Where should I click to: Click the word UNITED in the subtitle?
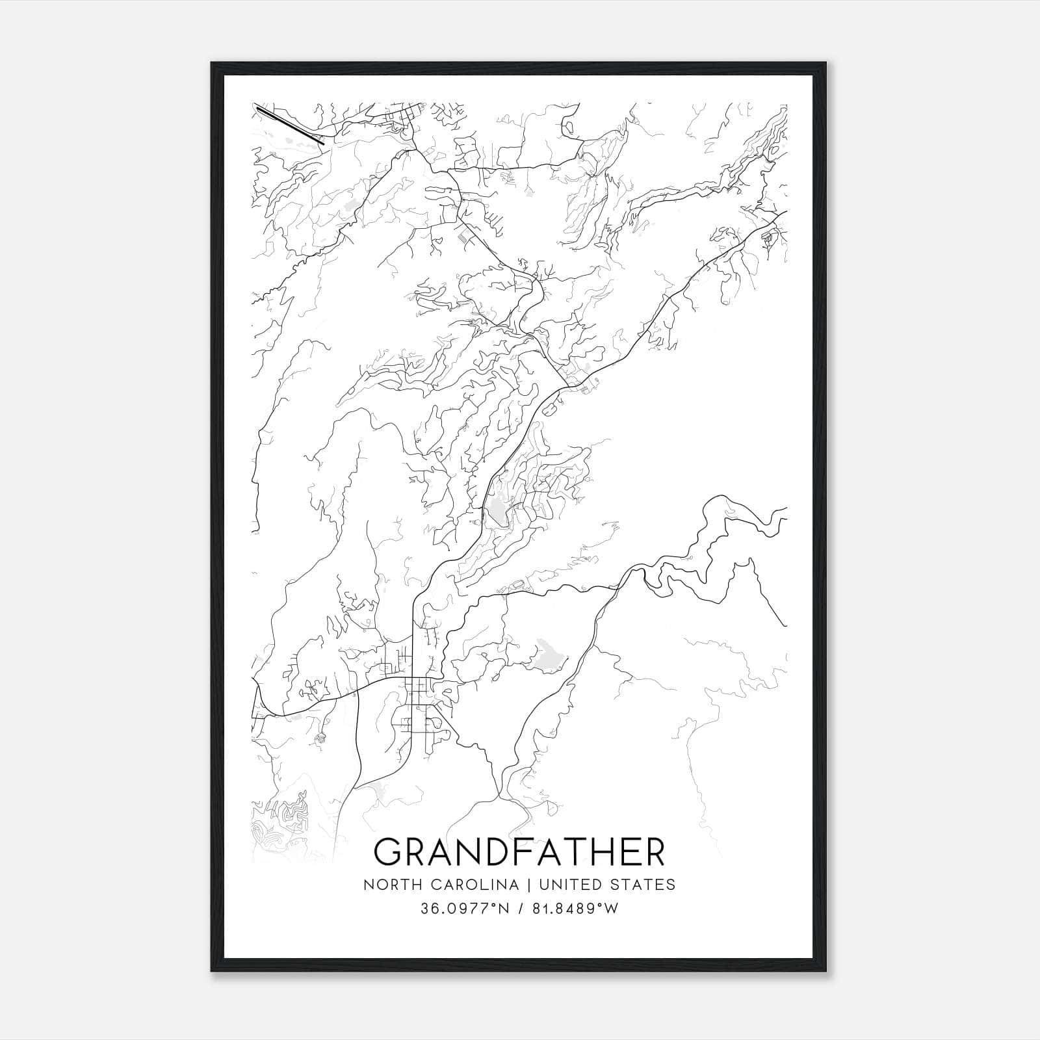pos(571,885)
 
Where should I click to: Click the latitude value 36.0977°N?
pos(463,909)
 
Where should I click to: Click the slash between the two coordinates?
pos(519,909)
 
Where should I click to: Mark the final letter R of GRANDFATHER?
pos(655,852)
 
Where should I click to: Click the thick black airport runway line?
pos(290,123)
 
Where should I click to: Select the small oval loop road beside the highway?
pos(548,409)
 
